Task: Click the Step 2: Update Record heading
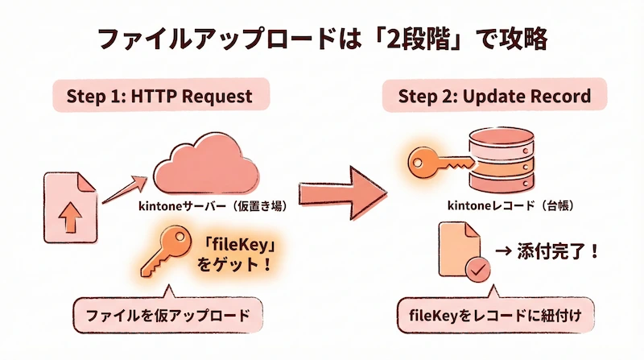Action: point(494,97)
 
